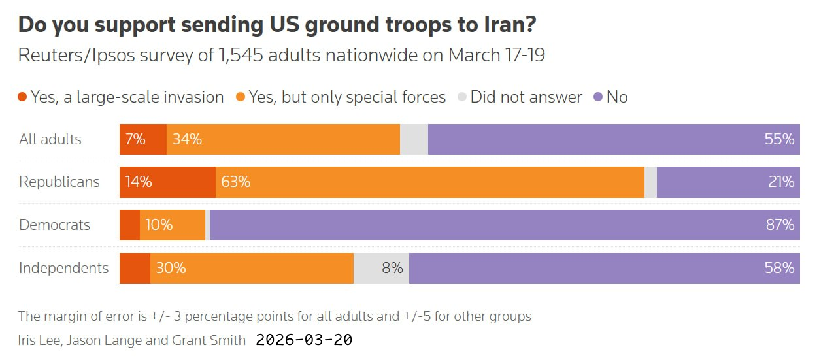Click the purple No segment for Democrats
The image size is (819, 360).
point(503,225)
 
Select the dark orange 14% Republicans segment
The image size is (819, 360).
point(167,182)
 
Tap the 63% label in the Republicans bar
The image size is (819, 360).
point(235,182)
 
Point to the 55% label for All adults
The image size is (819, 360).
point(778,139)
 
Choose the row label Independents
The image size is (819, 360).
point(63,268)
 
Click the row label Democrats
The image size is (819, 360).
point(54,225)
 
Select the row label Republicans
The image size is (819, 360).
point(59,182)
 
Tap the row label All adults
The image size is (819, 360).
point(50,139)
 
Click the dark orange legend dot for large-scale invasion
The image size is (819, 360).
point(22,97)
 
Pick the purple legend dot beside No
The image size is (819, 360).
point(597,97)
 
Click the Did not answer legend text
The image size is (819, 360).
point(526,97)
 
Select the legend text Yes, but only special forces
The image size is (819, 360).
point(347,97)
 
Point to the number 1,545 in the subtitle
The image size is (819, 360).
point(242,56)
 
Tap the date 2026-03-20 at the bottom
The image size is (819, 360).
point(304,340)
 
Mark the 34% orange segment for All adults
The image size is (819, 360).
point(283,139)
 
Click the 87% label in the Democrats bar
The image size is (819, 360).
point(778,225)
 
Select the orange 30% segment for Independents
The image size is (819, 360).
point(252,268)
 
